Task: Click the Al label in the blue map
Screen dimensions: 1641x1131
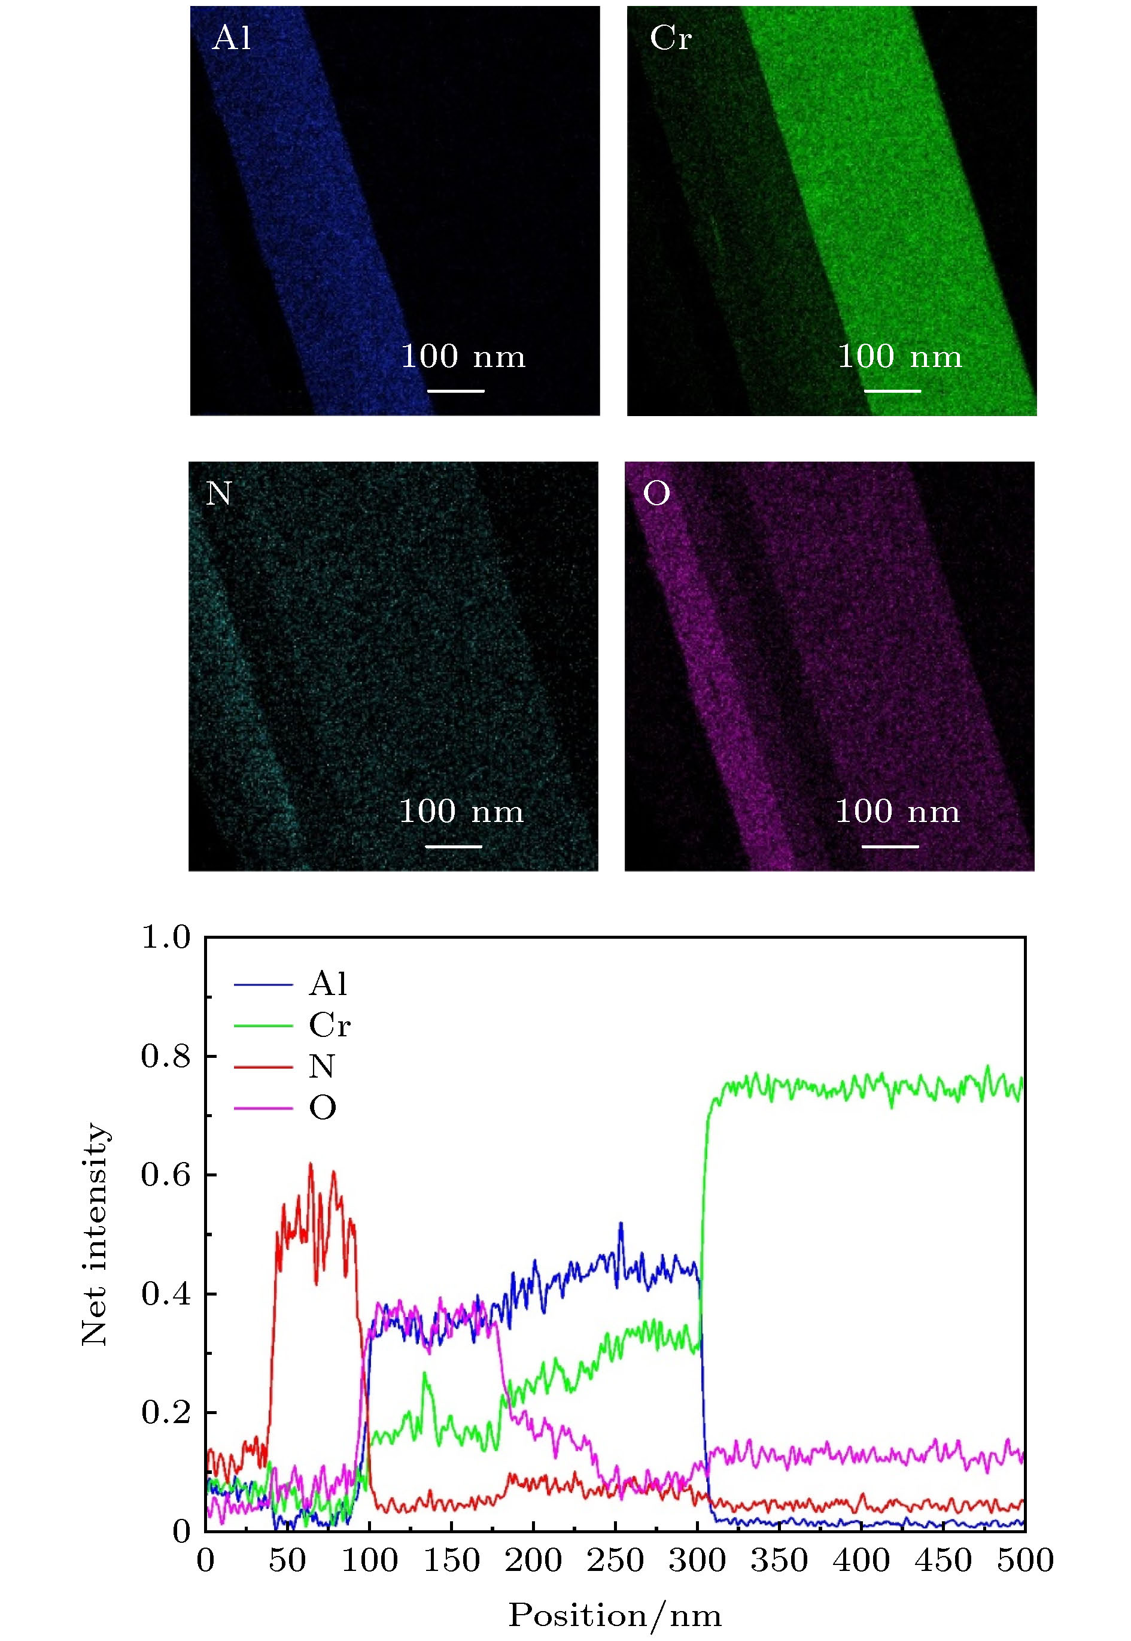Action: (232, 38)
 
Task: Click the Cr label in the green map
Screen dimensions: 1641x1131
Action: (670, 38)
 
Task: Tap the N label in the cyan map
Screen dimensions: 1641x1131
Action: (218, 493)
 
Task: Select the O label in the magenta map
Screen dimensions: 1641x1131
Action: (656, 493)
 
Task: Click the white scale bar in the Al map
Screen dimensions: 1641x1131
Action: (457, 390)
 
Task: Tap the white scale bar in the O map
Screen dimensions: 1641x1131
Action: (890, 847)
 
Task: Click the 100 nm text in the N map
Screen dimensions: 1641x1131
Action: (461, 812)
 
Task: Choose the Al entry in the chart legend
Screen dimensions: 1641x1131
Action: (328, 984)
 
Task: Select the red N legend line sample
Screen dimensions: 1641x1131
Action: (263, 1067)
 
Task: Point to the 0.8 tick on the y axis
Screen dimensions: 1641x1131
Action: (166, 1056)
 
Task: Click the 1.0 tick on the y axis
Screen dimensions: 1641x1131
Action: (166, 937)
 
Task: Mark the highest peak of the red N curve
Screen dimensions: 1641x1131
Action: (311, 1163)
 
